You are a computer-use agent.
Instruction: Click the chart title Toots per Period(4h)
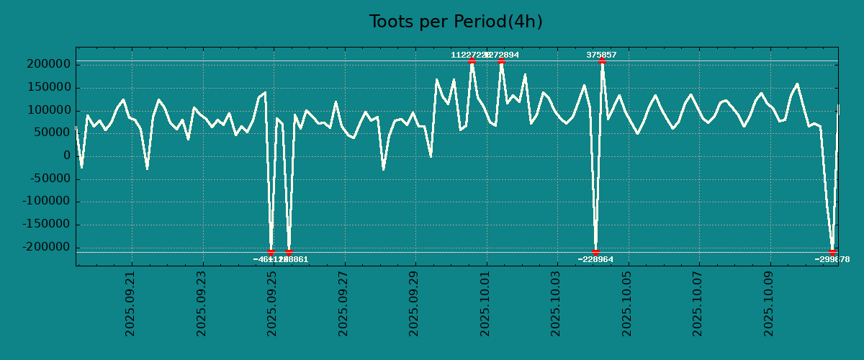456,22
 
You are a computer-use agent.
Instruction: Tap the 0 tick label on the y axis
66,156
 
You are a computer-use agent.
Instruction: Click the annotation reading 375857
601,55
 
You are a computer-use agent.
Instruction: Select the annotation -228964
595,259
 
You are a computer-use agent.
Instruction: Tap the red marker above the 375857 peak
602,61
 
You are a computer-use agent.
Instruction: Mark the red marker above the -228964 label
595,252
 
